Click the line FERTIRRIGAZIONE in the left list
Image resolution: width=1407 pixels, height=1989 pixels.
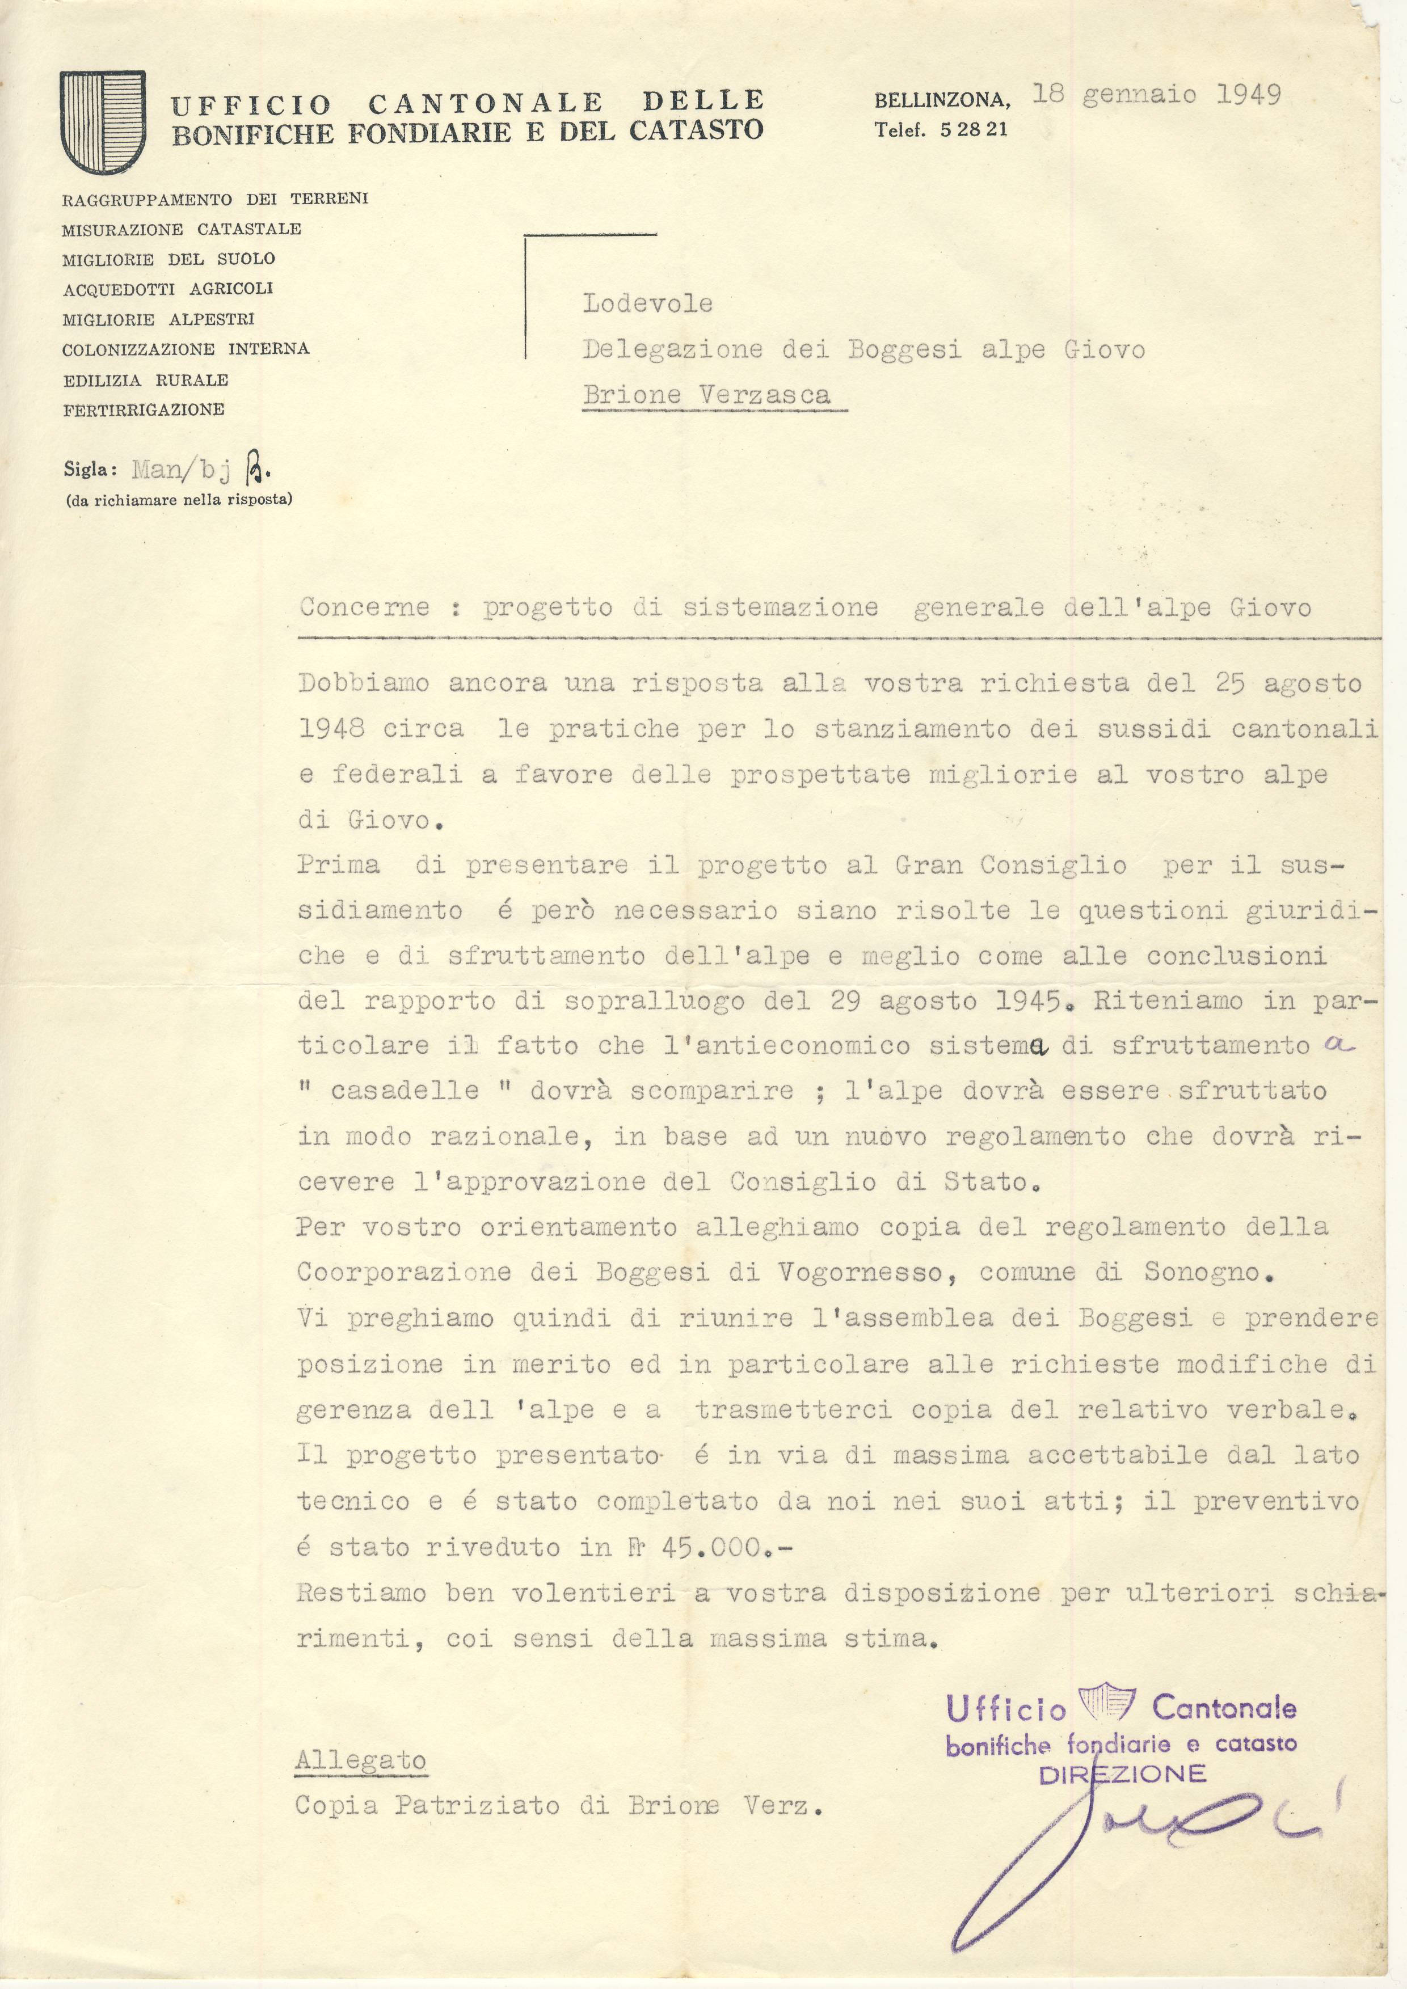(x=143, y=409)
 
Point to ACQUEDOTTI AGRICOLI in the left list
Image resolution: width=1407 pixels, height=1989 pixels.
(x=167, y=289)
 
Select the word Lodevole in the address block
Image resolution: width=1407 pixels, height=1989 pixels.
(x=647, y=303)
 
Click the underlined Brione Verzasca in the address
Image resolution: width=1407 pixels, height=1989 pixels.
(x=706, y=395)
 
